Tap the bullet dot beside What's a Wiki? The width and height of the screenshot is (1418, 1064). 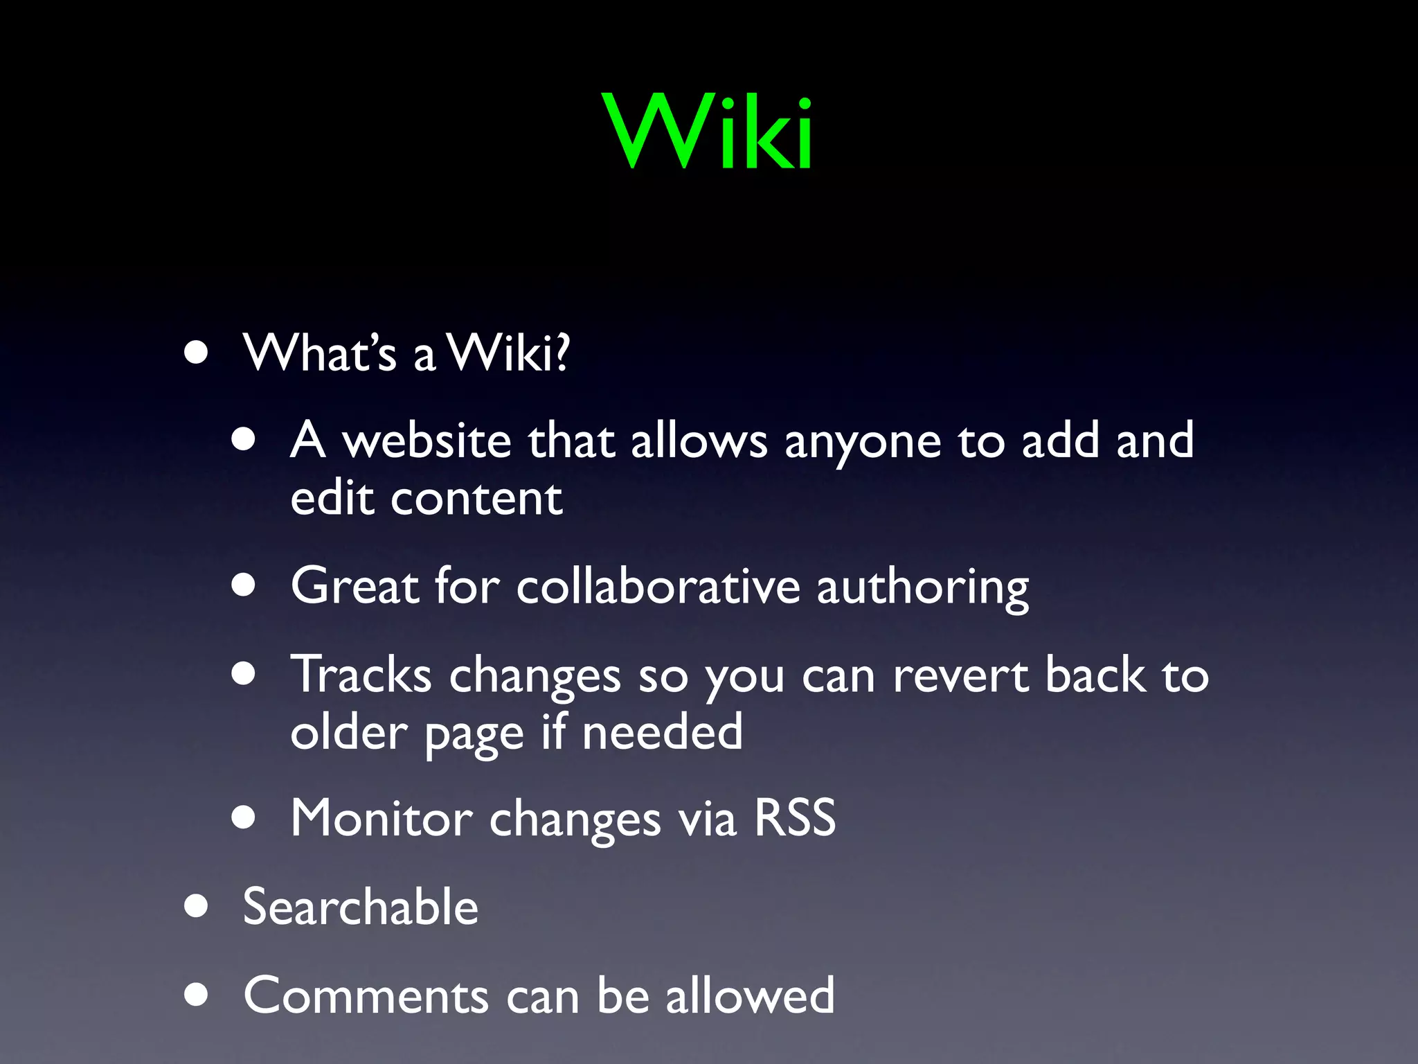click(197, 352)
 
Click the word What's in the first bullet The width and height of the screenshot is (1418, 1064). click(319, 353)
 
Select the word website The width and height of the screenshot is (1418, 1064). click(427, 441)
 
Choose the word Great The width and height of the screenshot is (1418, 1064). click(355, 586)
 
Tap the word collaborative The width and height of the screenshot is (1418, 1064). click(658, 586)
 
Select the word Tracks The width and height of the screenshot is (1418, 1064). click(361, 674)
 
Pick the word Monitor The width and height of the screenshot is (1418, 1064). click(382, 819)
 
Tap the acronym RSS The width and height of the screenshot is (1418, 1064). click(795, 818)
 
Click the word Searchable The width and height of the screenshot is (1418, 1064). click(361, 907)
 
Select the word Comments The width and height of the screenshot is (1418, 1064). click(366, 995)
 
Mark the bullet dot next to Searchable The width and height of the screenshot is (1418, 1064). click(197, 905)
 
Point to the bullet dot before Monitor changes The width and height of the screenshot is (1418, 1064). click(244, 817)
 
